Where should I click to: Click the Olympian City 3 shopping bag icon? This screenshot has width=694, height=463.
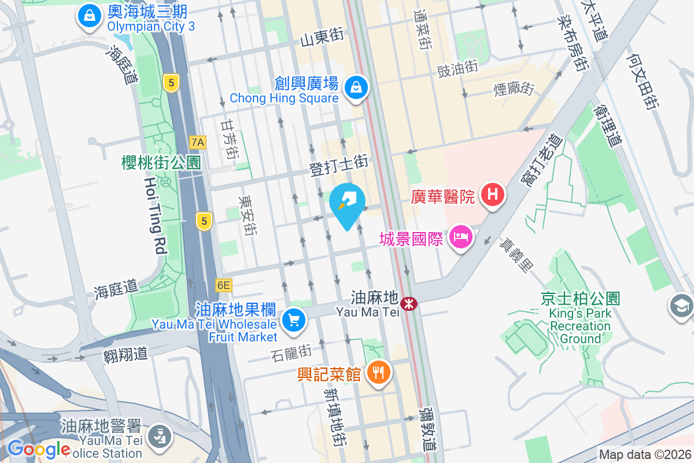pyautogui.click(x=90, y=16)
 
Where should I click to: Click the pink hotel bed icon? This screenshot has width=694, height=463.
pyautogui.click(x=460, y=237)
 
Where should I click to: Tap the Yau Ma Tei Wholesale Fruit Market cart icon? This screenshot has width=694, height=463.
pyautogui.click(x=294, y=319)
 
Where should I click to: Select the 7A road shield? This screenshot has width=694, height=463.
pyautogui.click(x=198, y=142)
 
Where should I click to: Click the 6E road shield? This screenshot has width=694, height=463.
pyautogui.click(x=223, y=285)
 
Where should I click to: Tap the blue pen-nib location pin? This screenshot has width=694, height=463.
pyautogui.click(x=347, y=204)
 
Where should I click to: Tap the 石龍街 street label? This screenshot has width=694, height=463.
pyautogui.click(x=291, y=351)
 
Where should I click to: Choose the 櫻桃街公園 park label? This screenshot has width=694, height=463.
pyautogui.click(x=161, y=163)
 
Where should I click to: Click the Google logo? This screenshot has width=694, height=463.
pyautogui.click(x=39, y=449)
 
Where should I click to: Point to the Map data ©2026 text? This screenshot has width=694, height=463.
pyautogui.click(x=644, y=455)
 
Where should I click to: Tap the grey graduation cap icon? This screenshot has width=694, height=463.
pyautogui.click(x=682, y=304)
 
